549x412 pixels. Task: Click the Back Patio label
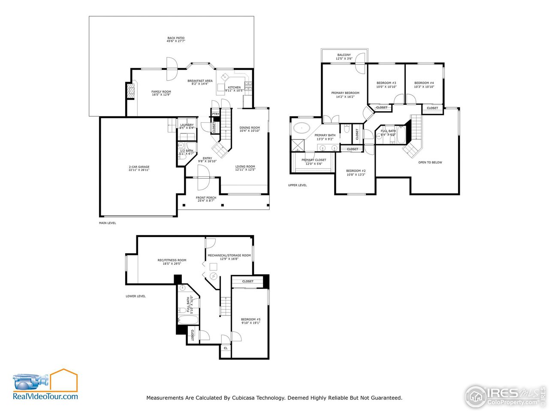click(176, 38)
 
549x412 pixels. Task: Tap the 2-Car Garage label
click(139, 167)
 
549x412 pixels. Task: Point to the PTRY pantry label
click(215, 114)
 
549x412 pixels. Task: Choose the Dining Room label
click(250, 127)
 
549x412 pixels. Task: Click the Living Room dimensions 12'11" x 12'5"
click(245, 170)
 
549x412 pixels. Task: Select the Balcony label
click(344, 55)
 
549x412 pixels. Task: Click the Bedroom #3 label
click(386, 83)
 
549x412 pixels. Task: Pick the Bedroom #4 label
click(424, 83)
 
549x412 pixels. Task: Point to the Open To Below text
click(430, 162)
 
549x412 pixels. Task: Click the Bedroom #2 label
click(356, 171)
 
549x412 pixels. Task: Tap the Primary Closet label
click(314, 160)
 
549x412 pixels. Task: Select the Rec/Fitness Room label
click(172, 260)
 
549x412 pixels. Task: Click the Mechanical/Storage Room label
click(229, 255)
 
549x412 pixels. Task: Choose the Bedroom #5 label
click(250, 319)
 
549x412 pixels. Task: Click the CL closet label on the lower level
click(226, 348)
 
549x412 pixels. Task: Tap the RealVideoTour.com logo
click(45, 385)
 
